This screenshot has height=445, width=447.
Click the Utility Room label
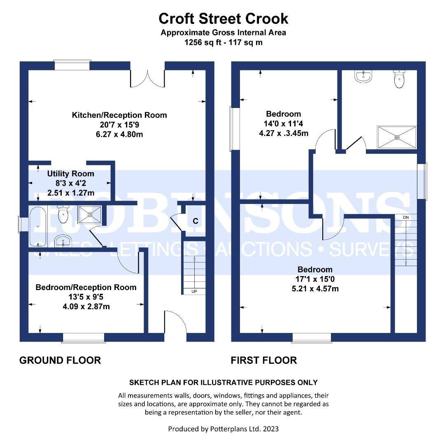(71, 173)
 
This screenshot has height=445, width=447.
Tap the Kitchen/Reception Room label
(119, 115)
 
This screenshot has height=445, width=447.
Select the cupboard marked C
(196, 221)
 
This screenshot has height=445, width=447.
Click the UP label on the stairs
(194, 291)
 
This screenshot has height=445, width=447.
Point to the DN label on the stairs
(406, 218)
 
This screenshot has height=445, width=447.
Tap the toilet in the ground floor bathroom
(63, 214)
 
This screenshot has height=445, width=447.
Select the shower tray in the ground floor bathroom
(89, 214)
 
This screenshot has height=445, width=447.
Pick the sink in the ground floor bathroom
(63, 241)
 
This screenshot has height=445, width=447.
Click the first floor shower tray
(397, 137)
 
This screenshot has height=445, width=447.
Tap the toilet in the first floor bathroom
(399, 79)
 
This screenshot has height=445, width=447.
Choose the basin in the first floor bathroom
(363, 76)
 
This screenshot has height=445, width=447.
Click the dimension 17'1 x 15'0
(315, 279)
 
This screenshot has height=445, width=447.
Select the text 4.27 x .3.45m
(284, 133)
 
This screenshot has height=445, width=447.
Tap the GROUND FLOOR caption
(60, 360)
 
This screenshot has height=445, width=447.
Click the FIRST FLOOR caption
(264, 360)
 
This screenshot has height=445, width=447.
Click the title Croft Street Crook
(223, 19)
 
